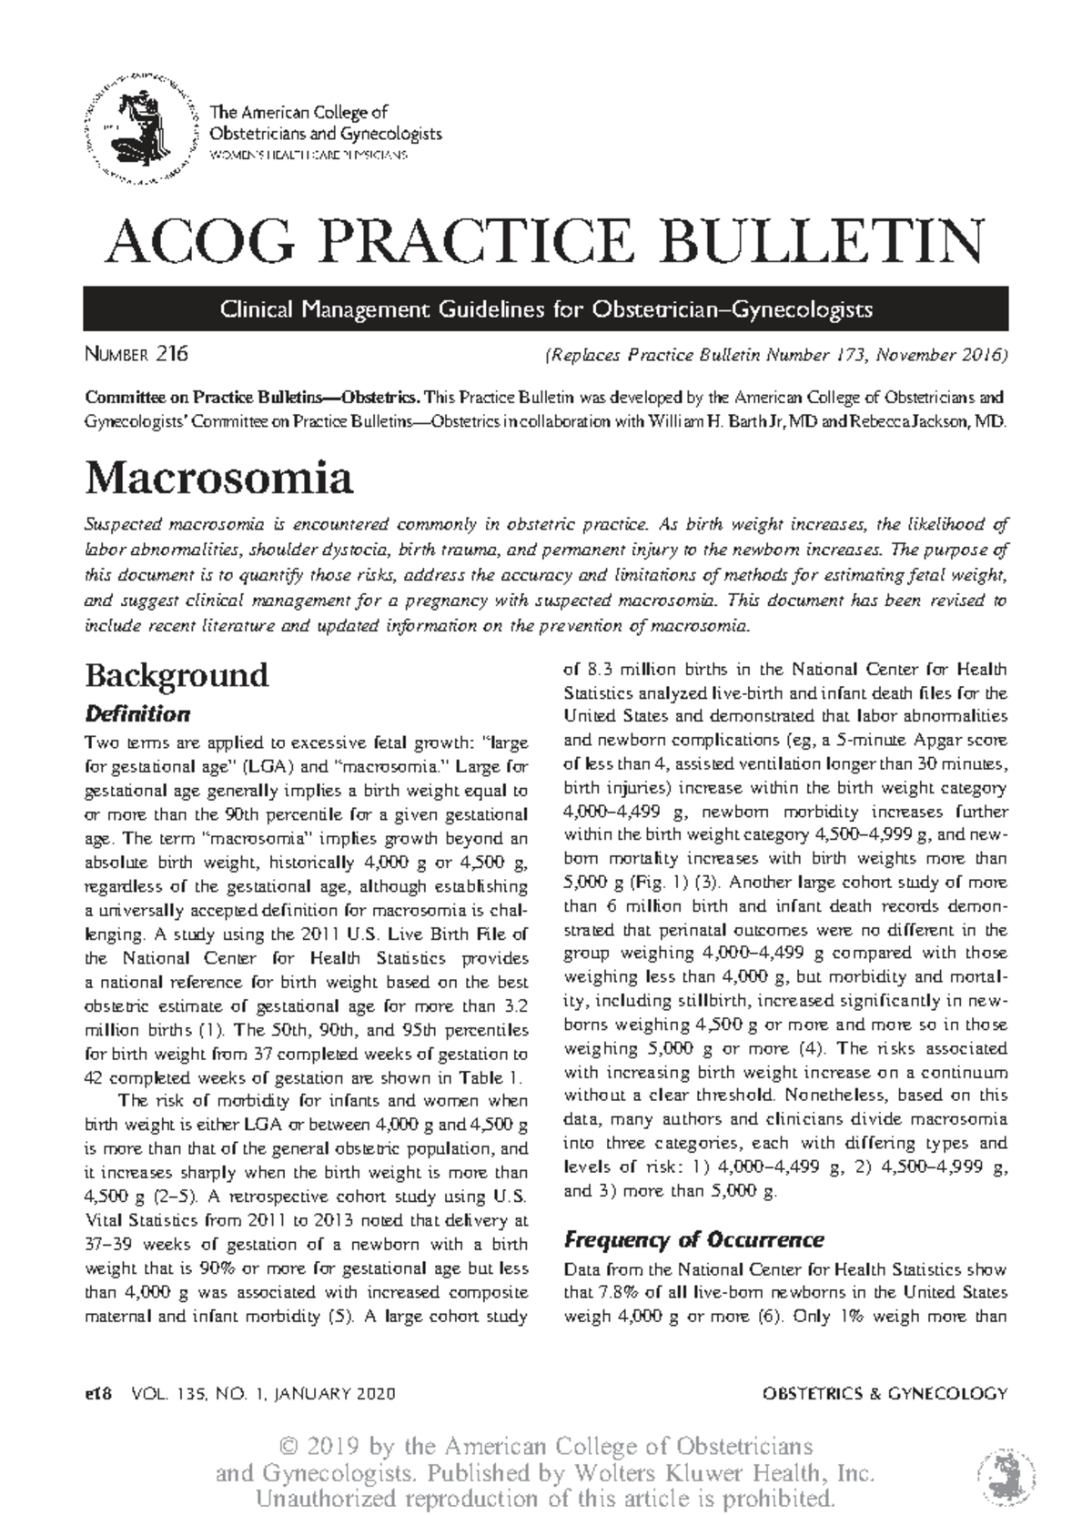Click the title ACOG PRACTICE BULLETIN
(x=544, y=238)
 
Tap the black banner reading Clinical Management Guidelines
(x=545, y=309)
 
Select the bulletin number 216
(x=171, y=354)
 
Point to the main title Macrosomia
(x=218, y=478)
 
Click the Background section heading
(x=177, y=675)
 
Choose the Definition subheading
(x=136, y=713)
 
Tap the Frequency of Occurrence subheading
(x=693, y=1239)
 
